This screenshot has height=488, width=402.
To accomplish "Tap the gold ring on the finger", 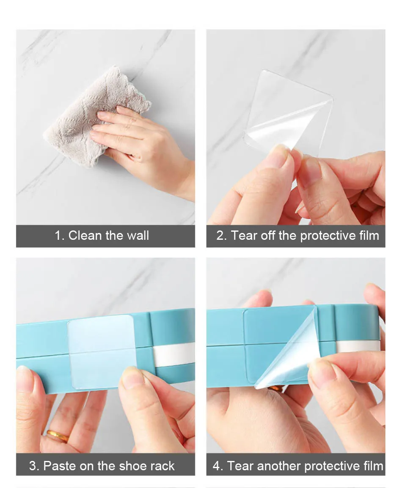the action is [x=58, y=436].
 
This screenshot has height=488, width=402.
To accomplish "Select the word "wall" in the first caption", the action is [x=138, y=235].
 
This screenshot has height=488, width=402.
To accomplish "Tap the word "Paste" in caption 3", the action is [x=60, y=466].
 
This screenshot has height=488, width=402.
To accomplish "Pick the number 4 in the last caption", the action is [x=216, y=466].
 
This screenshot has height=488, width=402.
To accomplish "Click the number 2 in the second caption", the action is [x=220, y=236].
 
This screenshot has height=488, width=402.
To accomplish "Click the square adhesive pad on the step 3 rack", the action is [x=102, y=352].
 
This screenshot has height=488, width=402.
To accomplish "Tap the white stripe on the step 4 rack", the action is [x=358, y=346].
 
